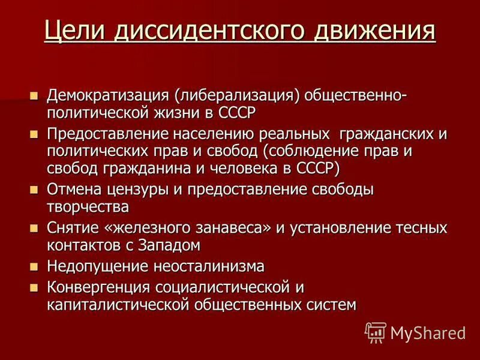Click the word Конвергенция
[98, 287]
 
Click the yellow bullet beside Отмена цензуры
[34, 190]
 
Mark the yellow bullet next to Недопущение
[34, 266]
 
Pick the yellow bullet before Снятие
[34, 229]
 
